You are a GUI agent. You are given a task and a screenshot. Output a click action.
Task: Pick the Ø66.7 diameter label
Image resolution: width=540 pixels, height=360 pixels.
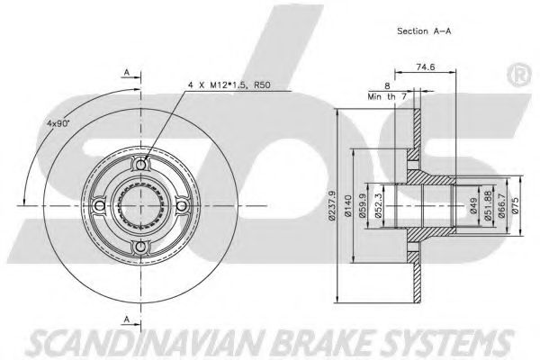pos(501,207)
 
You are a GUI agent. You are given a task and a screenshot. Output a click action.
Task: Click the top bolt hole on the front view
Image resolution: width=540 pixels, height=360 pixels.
pos(141,165)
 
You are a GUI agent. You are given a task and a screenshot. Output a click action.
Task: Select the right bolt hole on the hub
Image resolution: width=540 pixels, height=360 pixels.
pos(183,206)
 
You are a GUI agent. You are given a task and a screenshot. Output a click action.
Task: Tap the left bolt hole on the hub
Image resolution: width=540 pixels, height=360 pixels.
pos(100,206)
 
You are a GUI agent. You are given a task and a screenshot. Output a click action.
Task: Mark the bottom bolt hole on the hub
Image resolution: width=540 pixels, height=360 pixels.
pos(141,247)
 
